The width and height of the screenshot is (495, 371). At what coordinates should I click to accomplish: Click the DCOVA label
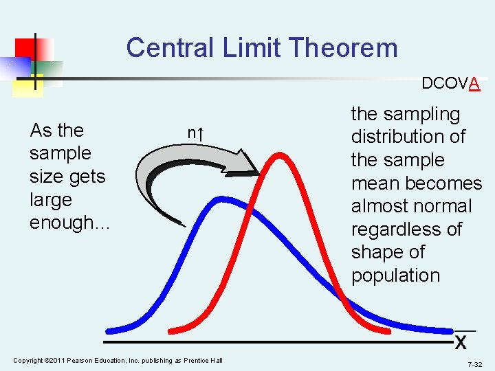pos(450,83)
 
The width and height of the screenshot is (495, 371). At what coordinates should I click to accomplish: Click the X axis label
pos(461,341)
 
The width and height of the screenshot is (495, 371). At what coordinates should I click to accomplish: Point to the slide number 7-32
pos(474,363)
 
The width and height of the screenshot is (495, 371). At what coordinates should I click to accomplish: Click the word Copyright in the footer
pos(27,361)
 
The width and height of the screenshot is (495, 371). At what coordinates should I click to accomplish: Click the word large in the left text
pos(50,199)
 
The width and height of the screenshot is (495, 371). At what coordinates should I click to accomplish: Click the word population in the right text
pos(395,275)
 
